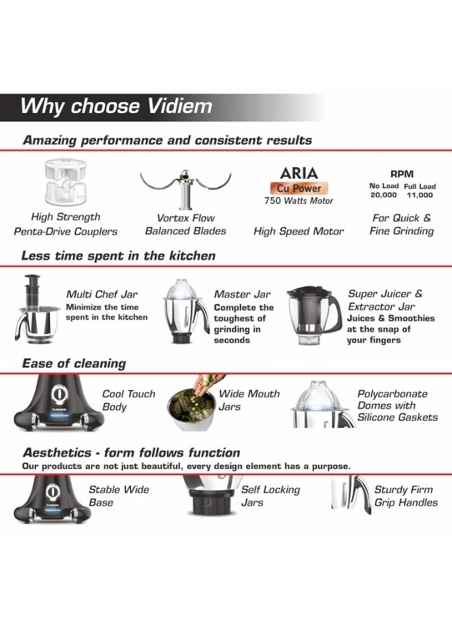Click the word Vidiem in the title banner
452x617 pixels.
point(179,106)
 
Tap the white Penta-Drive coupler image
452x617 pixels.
point(65,182)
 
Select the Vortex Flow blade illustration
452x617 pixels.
point(186,189)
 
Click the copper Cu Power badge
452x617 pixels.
point(299,188)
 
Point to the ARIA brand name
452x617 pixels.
point(299,173)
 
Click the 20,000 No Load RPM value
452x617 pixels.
point(384,195)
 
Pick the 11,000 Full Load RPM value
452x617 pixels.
point(420,195)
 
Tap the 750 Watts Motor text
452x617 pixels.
point(299,201)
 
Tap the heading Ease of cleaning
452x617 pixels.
point(74,363)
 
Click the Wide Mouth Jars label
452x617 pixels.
point(249,400)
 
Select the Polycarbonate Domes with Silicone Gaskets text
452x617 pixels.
point(397,405)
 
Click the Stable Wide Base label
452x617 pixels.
point(118,496)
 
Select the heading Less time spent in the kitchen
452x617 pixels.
point(118,256)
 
